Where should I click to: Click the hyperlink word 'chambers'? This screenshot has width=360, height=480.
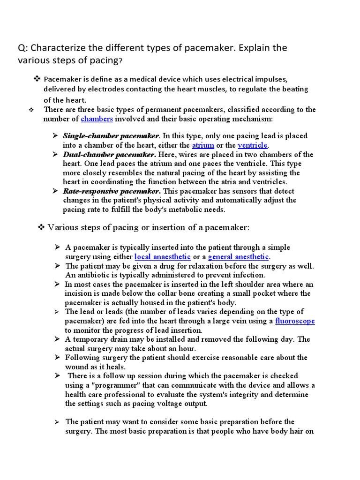[97, 119]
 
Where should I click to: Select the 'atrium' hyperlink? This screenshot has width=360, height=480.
[203, 145]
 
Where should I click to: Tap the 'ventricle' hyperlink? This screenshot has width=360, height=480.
[253, 145]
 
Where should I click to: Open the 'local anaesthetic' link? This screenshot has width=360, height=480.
[163, 257]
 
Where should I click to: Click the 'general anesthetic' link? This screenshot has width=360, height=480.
[239, 257]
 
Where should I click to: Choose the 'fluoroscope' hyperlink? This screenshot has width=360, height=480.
[295, 321]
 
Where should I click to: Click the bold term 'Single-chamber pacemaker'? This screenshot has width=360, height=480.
[111, 136]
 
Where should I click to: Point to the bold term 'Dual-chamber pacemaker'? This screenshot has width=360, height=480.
[109, 154]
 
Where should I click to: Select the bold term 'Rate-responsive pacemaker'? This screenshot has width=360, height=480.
[112, 191]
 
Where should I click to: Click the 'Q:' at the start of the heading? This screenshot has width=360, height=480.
[23, 48]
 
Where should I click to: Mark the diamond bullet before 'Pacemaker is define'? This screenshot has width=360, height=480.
[37, 78]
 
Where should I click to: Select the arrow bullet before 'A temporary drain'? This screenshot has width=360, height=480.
[57, 339]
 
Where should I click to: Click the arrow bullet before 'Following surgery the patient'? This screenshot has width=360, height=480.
[57, 357]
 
